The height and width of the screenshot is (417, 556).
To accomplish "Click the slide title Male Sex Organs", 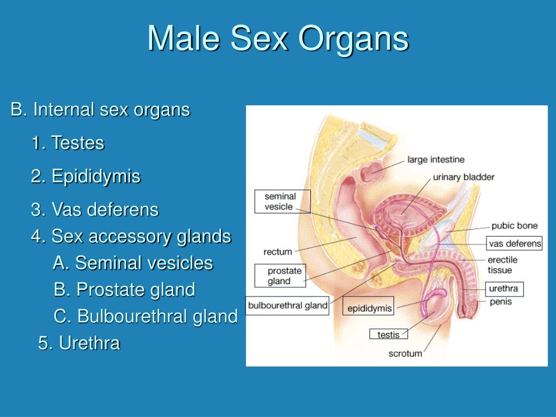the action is coord(277,39).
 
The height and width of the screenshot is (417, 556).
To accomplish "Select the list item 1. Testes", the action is coord(67,143).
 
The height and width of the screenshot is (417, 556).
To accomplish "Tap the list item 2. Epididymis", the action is coord(85,176).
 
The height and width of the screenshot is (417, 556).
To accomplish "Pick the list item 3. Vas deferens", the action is coord(94,210).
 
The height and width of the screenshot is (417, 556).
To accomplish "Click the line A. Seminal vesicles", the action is coord(133,263).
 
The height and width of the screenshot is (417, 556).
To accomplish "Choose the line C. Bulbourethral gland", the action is coord(146,316).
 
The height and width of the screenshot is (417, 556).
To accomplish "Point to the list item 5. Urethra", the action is coord(79,343).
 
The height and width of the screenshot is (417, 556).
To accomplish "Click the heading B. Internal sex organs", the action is coord(100,110).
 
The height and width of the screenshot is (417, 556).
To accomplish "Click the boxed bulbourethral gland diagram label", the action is coord(288,306).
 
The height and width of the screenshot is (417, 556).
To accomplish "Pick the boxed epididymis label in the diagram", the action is coord(369,308).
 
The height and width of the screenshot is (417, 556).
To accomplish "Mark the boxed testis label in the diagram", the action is coord(388,334).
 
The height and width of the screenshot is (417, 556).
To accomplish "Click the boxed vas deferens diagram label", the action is coord(515,243).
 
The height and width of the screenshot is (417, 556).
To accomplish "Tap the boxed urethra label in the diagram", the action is coord(503,289).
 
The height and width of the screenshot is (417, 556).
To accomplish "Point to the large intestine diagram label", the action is coord(436,160).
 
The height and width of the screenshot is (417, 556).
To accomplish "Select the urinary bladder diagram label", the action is coord(464,178).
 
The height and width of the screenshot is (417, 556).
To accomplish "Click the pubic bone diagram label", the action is coord(514,226).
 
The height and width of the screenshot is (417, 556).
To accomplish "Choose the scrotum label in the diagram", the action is coord(405,353).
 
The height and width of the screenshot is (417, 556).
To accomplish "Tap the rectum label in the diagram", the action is coord(277,252).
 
